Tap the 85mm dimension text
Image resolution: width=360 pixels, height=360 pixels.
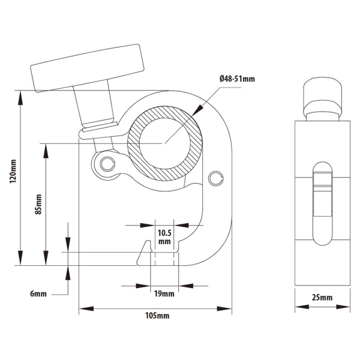38,204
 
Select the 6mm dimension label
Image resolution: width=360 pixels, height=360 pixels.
38,294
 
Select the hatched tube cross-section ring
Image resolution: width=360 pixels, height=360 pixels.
139,157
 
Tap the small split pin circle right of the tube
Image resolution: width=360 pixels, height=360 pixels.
216,176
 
